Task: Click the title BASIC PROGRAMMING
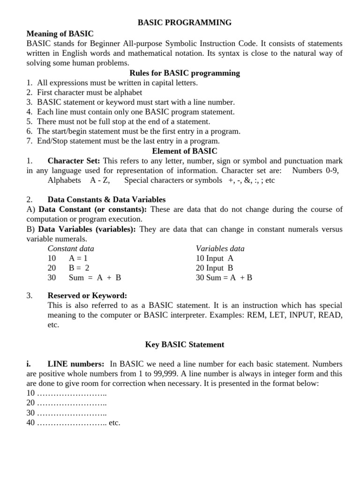(x=184, y=22)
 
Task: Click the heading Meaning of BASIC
(x=60, y=34)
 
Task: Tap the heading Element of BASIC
(x=185, y=151)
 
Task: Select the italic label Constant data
(x=71, y=248)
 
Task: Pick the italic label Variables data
(x=220, y=248)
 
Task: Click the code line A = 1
(x=78, y=258)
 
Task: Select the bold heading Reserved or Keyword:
(x=87, y=295)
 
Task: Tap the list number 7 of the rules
(x=29, y=141)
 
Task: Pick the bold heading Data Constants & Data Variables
(x=106, y=200)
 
